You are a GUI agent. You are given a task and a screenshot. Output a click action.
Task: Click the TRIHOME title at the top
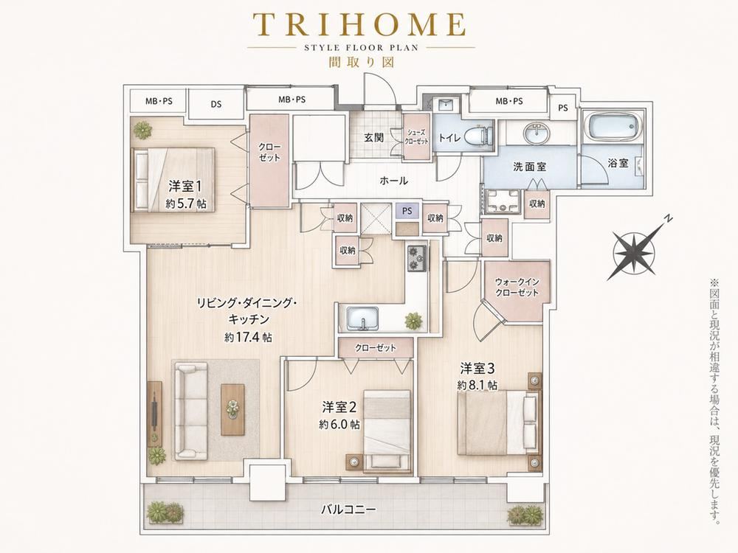coord(359,24)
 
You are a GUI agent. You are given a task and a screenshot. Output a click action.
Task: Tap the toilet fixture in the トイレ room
coord(477,135)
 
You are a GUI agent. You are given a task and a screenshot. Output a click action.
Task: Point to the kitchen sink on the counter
coord(362,319)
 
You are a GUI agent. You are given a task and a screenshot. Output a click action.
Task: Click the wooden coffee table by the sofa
coord(233,409)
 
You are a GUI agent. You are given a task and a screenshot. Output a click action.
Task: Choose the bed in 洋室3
coord(499,423)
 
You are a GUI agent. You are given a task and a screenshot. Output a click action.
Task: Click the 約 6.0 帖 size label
coord(339,424)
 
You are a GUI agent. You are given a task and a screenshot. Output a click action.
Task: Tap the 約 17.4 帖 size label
coord(248,337)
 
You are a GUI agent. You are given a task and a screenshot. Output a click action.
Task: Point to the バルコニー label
coord(349,509)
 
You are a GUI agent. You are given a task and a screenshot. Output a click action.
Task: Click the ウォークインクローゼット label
coord(517,287)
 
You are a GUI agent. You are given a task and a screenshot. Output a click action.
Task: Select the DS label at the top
coord(216,105)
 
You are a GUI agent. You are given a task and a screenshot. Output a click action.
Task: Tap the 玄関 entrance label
coord(374,138)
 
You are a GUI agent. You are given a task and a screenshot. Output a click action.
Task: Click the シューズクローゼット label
coord(417,137)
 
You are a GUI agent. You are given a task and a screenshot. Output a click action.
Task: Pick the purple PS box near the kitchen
coord(407,211)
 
